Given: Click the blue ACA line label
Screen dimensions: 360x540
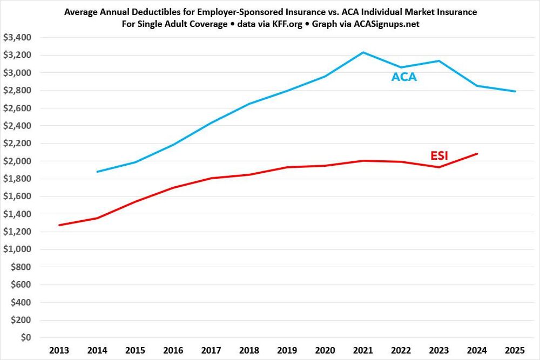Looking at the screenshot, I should [x=404, y=77].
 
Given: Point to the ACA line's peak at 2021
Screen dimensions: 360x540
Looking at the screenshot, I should [x=363, y=52].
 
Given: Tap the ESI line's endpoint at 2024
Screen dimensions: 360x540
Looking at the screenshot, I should [x=477, y=154].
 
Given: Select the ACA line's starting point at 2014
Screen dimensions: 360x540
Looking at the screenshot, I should [x=97, y=172].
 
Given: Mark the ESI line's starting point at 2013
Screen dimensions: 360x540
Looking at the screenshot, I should [x=59, y=225].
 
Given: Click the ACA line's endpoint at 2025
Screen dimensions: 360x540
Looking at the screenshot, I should [x=515, y=91].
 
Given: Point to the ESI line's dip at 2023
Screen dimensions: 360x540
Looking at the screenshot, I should [x=439, y=167].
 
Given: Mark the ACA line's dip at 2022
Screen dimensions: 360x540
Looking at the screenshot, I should [x=401, y=67].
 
